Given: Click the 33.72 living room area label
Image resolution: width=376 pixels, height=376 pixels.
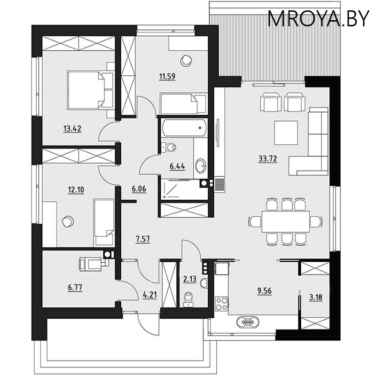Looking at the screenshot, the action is point(268,159).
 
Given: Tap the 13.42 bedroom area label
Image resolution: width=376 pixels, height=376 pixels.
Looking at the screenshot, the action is point(72,129).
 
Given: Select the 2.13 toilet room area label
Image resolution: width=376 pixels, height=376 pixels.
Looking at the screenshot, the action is point(190,279).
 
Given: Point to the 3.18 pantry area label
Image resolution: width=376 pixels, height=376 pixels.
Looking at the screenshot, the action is point(315,298).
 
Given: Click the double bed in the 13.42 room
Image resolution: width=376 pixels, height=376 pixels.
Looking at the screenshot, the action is point(90,90).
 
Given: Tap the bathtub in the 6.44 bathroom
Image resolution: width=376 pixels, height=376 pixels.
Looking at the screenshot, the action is point(184,128).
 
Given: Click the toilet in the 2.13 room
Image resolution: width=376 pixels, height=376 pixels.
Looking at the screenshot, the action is point(188,299).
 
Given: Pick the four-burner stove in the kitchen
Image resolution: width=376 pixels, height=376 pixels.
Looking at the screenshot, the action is point(221,304).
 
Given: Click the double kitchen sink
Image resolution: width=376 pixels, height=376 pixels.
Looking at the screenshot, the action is point(248,322).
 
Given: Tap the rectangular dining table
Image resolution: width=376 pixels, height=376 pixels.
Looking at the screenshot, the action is point(286,221).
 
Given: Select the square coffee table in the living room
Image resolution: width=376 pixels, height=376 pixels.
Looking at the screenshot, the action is point(286,133).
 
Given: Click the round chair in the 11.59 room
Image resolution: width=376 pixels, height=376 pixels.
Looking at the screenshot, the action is point(186,60).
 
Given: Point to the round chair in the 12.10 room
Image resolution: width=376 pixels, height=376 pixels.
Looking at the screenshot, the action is point(68,221).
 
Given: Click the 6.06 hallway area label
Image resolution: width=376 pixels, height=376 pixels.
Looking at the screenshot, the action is point(139,189).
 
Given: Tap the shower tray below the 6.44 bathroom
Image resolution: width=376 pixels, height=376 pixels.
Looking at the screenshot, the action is point(180,189).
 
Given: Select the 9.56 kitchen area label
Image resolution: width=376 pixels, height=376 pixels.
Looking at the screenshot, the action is point(265,291).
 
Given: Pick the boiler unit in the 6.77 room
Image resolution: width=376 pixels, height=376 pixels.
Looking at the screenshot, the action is point(92,264).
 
